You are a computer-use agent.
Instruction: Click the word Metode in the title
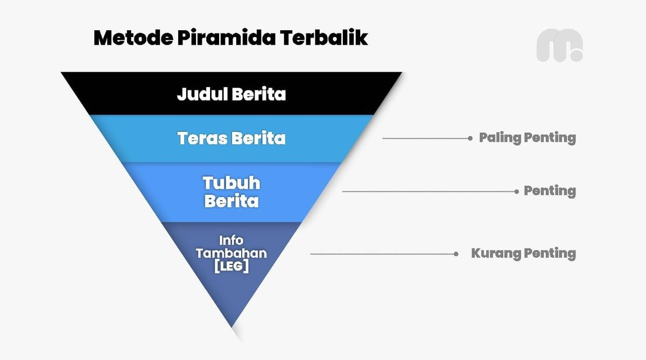click(134, 38)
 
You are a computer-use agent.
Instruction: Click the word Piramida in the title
click(227, 38)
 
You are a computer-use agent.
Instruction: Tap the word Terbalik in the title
click(324, 38)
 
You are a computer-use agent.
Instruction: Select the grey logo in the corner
click(560, 45)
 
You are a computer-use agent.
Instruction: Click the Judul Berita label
click(231, 94)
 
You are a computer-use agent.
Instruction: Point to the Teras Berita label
click(231, 138)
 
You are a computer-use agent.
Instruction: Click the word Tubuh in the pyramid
click(231, 183)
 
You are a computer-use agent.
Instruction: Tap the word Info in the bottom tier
click(231, 241)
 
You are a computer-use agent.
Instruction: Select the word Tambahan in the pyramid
click(231, 253)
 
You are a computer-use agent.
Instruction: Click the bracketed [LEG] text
click(231, 266)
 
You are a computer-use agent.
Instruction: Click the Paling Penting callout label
click(528, 138)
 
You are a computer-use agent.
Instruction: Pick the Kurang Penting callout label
click(523, 253)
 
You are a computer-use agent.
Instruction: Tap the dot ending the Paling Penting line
click(470, 138)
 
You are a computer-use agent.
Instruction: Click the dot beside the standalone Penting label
click(516, 192)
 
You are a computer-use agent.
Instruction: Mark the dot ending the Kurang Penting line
click(456, 254)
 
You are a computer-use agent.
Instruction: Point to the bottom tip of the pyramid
click(232, 327)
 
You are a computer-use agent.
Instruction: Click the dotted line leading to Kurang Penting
click(383, 254)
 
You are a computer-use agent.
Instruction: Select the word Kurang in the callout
click(496, 253)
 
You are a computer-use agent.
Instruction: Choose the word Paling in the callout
click(500, 138)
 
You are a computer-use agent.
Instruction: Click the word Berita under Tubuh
click(231, 201)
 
